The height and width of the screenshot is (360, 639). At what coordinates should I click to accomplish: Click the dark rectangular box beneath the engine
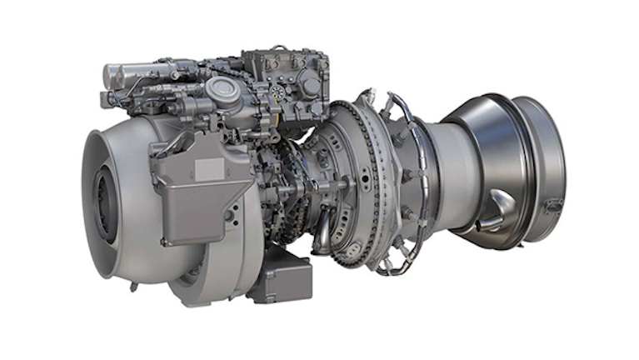pyautogui.click(x=280, y=279)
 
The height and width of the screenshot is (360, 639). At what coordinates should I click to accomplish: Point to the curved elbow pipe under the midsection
pyautogui.click(x=322, y=228)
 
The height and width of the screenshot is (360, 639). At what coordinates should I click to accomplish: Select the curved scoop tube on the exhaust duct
pyautogui.click(x=500, y=200)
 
